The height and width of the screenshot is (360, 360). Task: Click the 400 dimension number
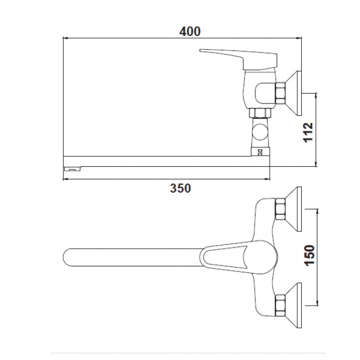(x=189, y=32)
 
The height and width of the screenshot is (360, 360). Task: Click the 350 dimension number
(x=181, y=188)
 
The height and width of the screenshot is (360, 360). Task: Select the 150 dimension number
(x=310, y=255)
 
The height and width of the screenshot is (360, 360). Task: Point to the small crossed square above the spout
(x=260, y=152)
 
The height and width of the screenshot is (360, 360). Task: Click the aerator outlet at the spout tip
(x=72, y=169)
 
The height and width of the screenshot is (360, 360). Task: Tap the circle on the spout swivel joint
(x=260, y=132)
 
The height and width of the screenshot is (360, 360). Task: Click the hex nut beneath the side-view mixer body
(x=260, y=113)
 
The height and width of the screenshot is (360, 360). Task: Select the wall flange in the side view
(x=294, y=93)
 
